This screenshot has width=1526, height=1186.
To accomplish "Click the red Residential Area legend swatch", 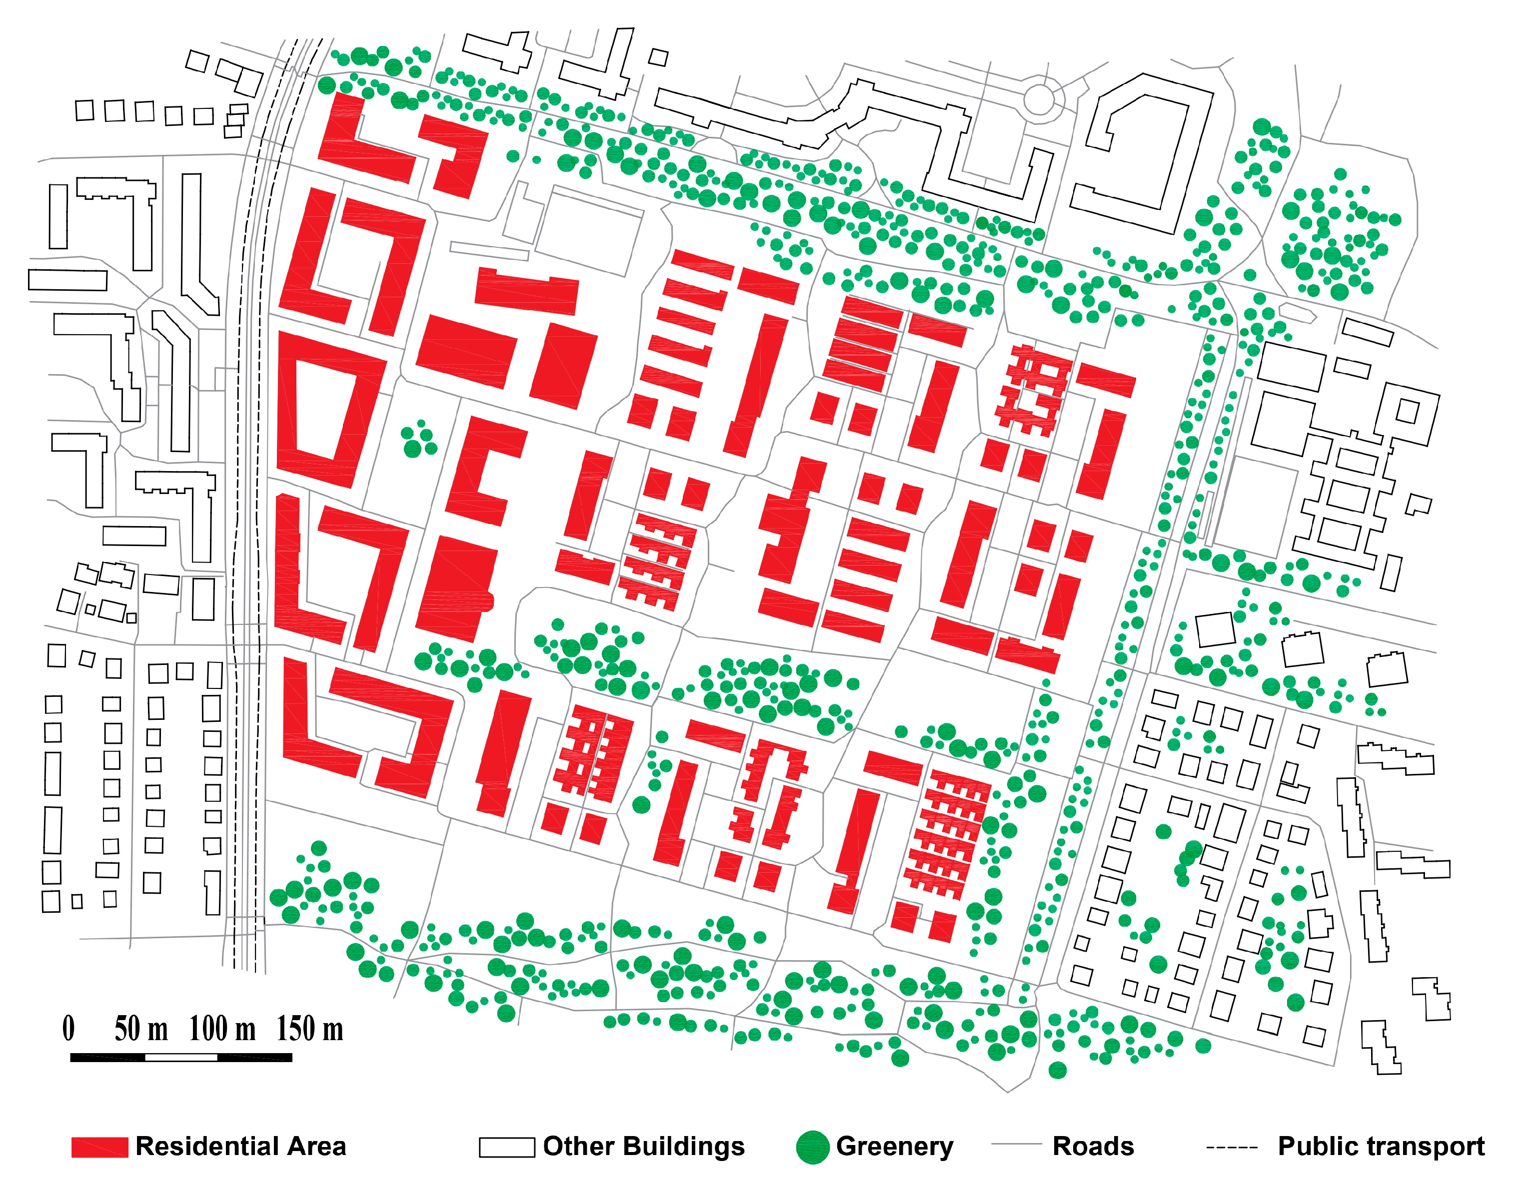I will pyautogui.click(x=99, y=1147).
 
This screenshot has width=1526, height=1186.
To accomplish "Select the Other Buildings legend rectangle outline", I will pyautogui.click(x=506, y=1147).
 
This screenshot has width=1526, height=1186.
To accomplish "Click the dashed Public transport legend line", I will pyautogui.click(x=1231, y=1147).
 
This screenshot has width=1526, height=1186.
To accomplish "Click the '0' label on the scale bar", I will pyautogui.click(x=68, y=1029).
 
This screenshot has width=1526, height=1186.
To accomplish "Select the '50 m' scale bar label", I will pyautogui.click(x=141, y=1029).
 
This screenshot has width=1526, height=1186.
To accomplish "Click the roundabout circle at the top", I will pyautogui.click(x=1039, y=98).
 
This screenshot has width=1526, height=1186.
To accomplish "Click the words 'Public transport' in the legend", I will pyautogui.click(x=1381, y=1147).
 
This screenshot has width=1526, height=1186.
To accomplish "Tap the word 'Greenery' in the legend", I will pyautogui.click(x=894, y=1147).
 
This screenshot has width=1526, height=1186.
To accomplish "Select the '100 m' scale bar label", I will pyautogui.click(x=222, y=1029).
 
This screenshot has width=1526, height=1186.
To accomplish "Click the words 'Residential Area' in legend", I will pyautogui.click(x=240, y=1147).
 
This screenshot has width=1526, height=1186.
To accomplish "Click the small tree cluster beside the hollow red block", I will pyautogui.click(x=418, y=439).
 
